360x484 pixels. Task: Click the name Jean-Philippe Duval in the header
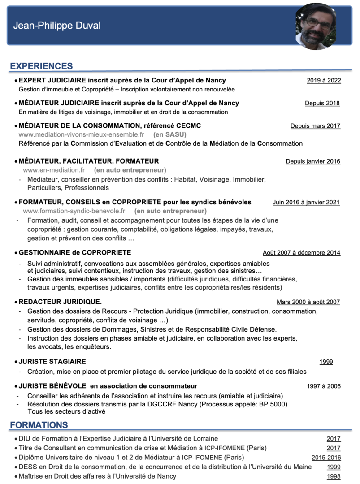[57, 26]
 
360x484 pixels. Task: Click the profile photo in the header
[316, 26]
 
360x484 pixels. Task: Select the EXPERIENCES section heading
[41, 66]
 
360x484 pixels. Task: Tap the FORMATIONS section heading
[39, 424]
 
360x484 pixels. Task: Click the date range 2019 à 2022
[324, 81]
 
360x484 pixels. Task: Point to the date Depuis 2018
[322, 103]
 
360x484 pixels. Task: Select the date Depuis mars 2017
[315, 126]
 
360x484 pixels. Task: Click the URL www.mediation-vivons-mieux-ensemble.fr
[81, 134]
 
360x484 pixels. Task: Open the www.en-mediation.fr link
[54, 170]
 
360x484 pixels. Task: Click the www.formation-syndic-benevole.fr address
[74, 211]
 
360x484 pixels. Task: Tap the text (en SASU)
[170, 134]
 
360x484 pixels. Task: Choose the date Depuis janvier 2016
[313, 161]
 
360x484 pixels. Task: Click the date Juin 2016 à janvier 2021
[306, 202]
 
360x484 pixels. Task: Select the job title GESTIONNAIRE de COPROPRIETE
[75, 252]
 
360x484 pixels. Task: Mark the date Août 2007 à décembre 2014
[301, 253]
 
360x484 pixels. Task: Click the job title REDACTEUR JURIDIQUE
[60, 302]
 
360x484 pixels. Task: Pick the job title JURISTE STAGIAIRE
[52, 361]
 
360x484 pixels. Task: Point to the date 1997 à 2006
[324, 386]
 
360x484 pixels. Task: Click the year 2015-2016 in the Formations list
[326, 458]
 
